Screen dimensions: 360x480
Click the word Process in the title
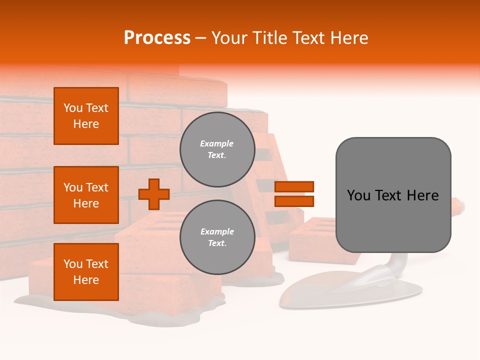[x=157, y=38]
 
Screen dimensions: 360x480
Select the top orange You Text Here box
[x=86, y=116]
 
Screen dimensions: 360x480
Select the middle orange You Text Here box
[x=86, y=195]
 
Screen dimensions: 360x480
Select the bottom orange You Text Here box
[x=86, y=272]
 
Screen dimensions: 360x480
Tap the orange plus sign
[x=154, y=194]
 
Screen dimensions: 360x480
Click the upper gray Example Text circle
[x=217, y=149]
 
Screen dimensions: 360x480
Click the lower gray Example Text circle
[x=217, y=237]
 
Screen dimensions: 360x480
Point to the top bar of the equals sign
[x=294, y=186]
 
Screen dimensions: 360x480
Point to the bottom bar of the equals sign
[x=294, y=201]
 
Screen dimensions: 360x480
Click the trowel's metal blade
[x=340, y=290]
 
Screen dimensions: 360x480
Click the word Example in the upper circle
[x=217, y=143]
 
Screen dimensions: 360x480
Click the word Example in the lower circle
[x=217, y=231]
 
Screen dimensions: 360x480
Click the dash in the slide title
[x=201, y=38]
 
